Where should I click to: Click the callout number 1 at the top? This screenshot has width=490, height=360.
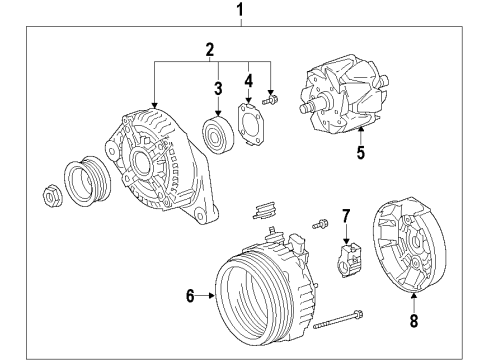(x=239, y=11)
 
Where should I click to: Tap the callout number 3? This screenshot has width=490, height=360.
(x=217, y=88)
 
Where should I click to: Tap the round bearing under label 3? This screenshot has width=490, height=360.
(x=217, y=134)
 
